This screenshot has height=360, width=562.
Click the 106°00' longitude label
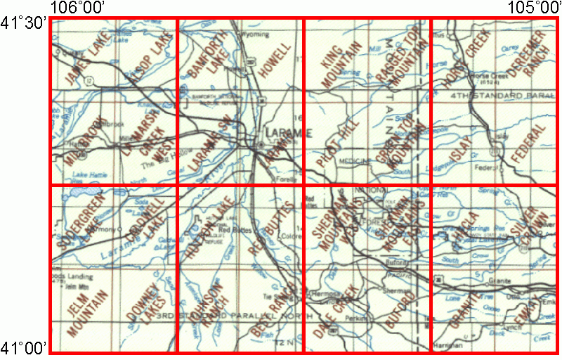pyautogui.click(x=78, y=8)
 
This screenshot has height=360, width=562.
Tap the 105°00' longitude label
pyautogui.click(x=534, y=8)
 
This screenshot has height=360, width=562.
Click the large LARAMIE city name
pyautogui.click(x=287, y=133)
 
